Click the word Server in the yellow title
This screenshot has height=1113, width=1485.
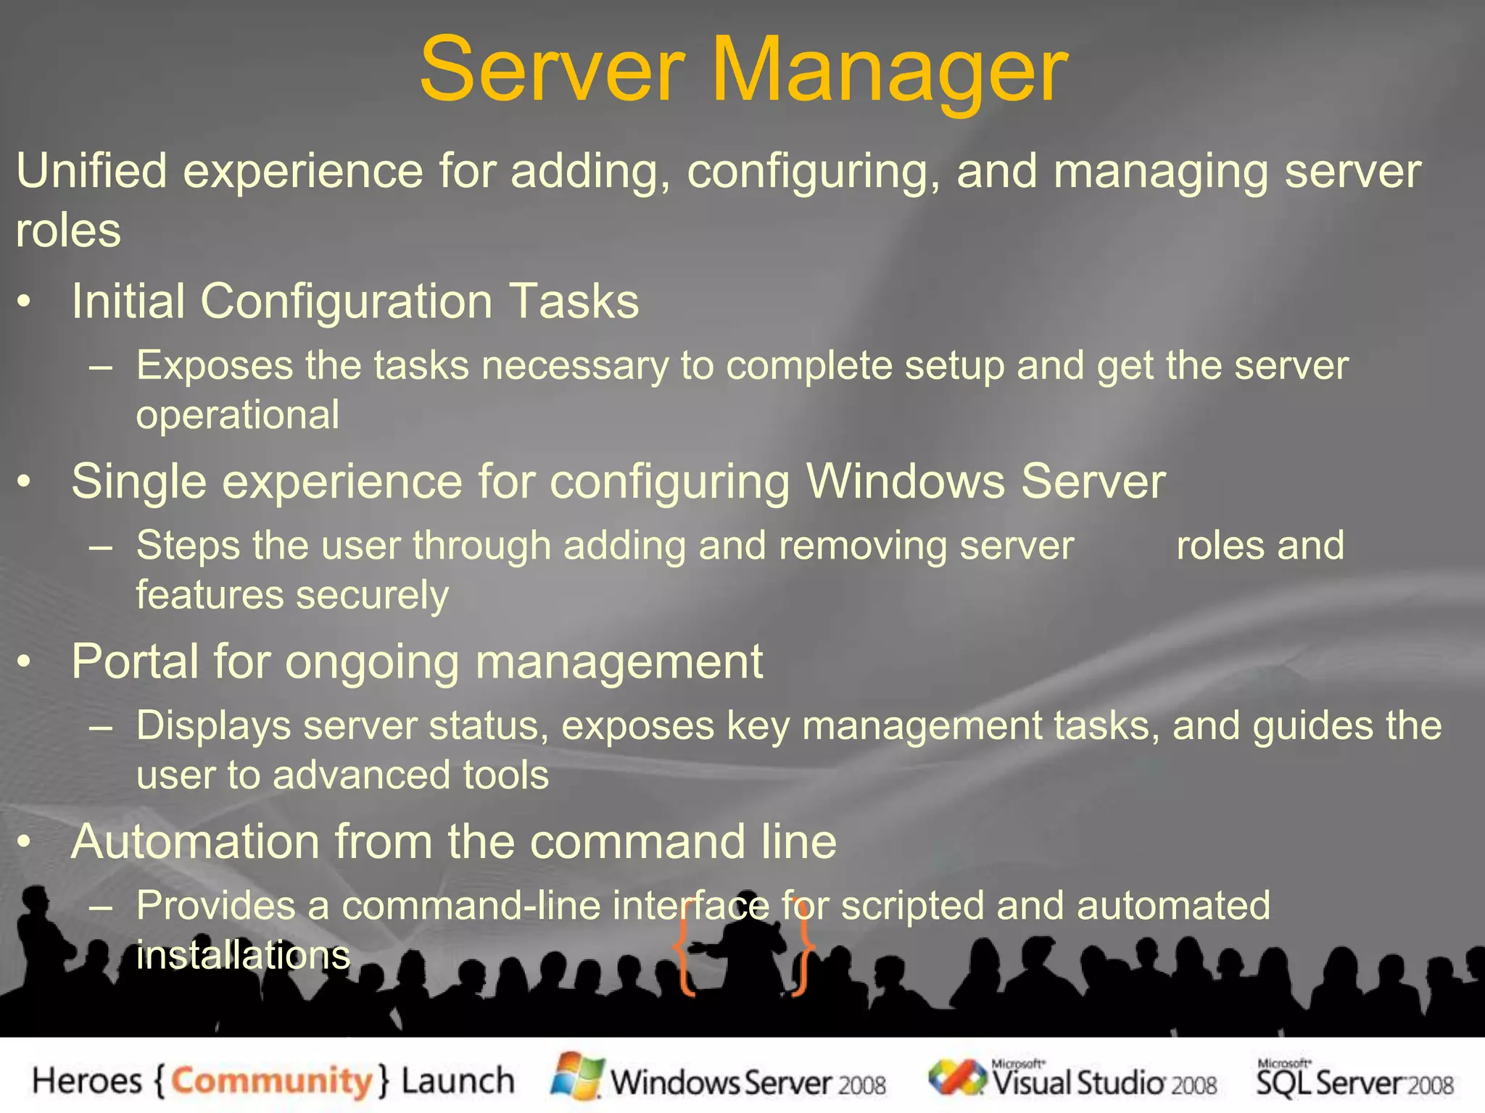[552, 71]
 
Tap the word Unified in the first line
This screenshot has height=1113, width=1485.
[91, 171]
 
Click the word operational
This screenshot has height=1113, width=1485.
[237, 414]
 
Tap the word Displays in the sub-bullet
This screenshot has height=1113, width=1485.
[214, 725]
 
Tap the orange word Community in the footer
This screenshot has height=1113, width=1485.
[271, 1081]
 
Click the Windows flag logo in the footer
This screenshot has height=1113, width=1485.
[577, 1075]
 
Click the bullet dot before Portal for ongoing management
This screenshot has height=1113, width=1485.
[25, 662]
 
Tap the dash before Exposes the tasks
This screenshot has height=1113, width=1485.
[101, 366]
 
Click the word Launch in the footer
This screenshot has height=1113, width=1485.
[458, 1081]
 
